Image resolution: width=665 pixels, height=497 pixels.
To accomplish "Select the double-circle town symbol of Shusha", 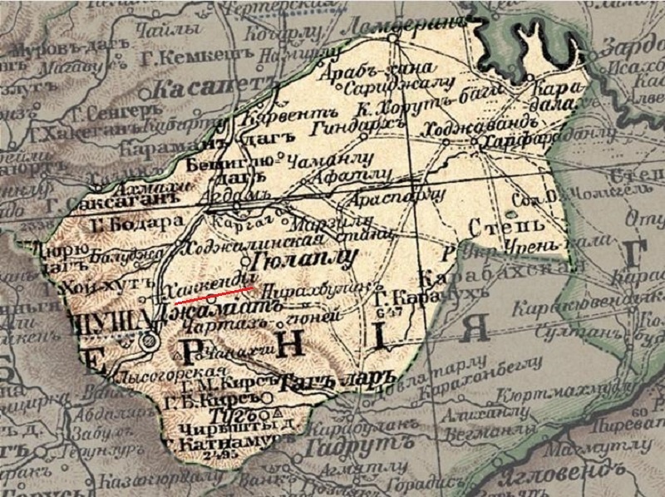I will click(150, 340).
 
